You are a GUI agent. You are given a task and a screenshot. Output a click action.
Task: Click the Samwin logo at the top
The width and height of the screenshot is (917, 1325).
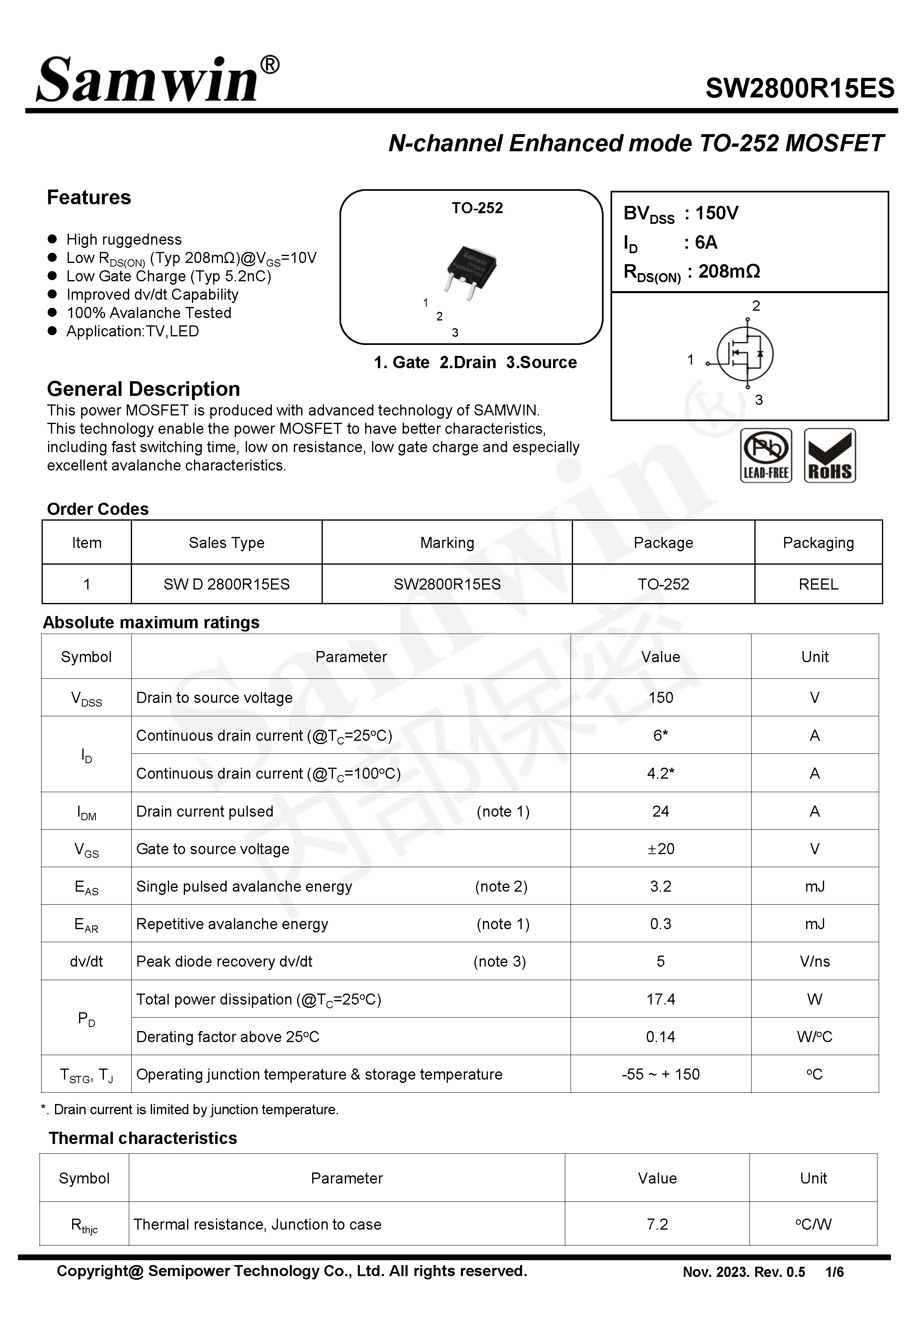click(x=156, y=79)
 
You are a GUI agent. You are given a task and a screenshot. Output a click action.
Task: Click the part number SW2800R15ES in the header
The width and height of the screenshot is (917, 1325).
click(x=799, y=88)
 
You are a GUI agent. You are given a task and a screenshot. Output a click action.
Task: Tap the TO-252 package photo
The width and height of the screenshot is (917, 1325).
click(x=471, y=270)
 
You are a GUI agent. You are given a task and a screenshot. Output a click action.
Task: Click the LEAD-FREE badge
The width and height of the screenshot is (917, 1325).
click(x=765, y=456)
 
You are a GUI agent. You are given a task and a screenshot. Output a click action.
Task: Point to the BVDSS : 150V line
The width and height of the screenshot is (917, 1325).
click(x=681, y=214)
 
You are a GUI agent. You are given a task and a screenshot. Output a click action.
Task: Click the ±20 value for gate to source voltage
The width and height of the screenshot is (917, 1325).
click(x=660, y=849)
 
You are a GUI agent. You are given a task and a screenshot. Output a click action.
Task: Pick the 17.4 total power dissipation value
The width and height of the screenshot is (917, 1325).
click(x=660, y=999)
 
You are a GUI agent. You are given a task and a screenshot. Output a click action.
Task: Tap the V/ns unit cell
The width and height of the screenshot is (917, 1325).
click(x=814, y=961)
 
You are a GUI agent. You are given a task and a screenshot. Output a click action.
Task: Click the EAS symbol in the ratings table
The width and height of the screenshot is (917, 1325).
click(x=86, y=887)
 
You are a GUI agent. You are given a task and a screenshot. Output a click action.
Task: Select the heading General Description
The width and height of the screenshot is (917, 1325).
click(x=143, y=389)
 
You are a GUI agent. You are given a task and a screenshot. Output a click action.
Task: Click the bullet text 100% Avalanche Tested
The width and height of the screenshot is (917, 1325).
click(x=149, y=313)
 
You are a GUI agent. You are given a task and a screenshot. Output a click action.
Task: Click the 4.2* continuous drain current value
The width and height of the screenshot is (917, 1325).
click(x=660, y=773)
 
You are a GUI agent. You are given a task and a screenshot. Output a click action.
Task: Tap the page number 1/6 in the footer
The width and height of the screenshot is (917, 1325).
click(x=834, y=1272)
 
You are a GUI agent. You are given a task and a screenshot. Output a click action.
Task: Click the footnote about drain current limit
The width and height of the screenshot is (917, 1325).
click(x=190, y=1109)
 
